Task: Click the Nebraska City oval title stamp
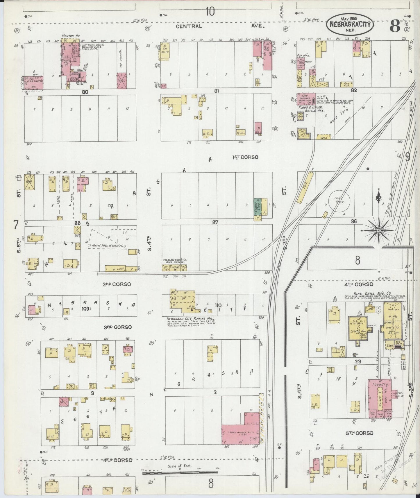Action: pos(350,25)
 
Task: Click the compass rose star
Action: pos(378,230)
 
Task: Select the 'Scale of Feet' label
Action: pos(179,466)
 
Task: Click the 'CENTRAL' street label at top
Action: pos(189,26)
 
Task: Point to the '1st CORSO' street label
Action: pos(245,157)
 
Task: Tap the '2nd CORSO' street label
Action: pos(117,284)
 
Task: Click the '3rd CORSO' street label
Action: pos(118,327)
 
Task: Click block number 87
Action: pos(215,222)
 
